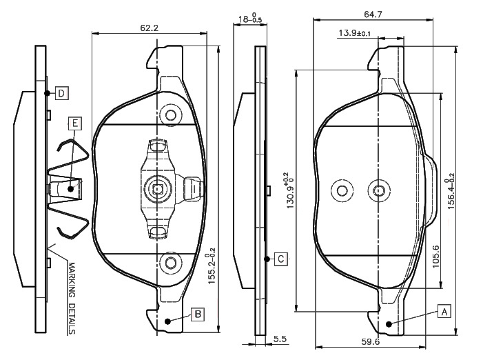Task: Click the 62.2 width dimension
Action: coord(149,28)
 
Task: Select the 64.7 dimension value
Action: coord(373,14)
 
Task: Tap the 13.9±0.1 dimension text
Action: coord(355,32)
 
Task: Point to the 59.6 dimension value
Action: coord(371,341)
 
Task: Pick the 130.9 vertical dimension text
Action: coord(289,190)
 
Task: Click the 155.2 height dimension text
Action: coord(212,266)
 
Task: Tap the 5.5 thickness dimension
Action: coord(280,339)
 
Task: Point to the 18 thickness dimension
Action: coord(250,19)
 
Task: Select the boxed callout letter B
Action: coord(198,314)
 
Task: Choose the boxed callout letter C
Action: coord(280,259)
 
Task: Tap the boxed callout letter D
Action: coord(61,93)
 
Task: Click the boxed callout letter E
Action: coord(75,123)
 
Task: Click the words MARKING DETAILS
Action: coord(72,298)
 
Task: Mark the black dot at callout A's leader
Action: coord(389,324)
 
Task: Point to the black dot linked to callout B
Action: coord(167,321)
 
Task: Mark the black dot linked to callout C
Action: coord(267,259)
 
